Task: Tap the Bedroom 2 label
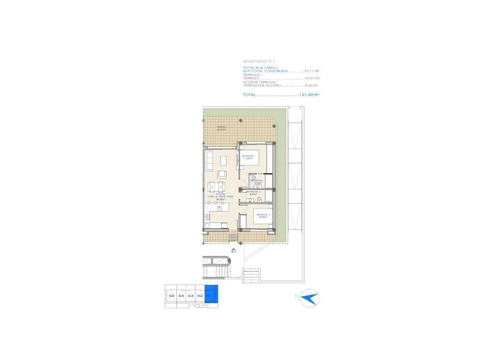click(x=263, y=216)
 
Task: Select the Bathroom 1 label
click(x=256, y=181)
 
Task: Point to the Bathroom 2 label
click(x=253, y=193)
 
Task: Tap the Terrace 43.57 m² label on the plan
click(x=221, y=128)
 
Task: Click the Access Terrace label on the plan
click(x=233, y=238)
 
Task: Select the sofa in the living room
click(x=209, y=161)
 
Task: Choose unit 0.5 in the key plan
click(x=171, y=296)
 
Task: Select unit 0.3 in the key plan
click(x=190, y=296)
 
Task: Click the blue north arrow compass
click(x=311, y=298)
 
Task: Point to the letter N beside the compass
click(x=297, y=297)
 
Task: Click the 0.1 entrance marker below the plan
click(x=234, y=251)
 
